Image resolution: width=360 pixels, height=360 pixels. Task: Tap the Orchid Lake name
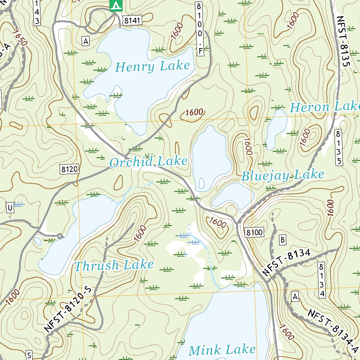(148, 162)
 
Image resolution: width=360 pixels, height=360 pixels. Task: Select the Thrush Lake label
(114, 265)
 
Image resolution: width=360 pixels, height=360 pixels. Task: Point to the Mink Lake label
(222, 350)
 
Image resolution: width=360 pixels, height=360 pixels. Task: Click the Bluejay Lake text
(283, 175)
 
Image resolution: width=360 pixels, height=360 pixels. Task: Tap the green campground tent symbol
(116, 5)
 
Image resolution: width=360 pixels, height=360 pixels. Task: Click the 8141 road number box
(132, 21)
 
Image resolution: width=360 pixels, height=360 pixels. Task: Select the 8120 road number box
(69, 169)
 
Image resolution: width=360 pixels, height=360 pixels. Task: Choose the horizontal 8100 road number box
(255, 232)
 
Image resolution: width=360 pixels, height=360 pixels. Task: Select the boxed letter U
(10, 208)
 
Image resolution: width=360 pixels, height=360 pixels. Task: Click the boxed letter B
(283, 240)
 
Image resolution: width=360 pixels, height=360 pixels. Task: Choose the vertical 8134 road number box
(322, 279)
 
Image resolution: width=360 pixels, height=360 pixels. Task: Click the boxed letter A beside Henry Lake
(85, 41)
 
